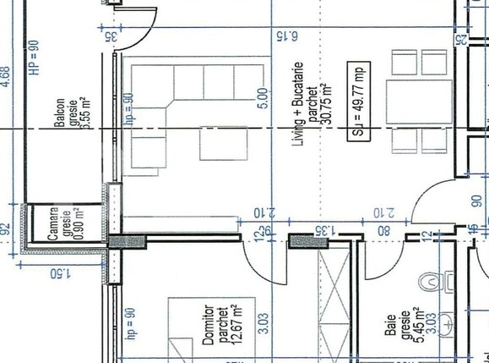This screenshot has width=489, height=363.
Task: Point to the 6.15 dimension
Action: [x=287, y=36]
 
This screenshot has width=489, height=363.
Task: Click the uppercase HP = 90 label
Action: [x=34, y=58]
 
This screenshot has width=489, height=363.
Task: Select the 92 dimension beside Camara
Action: [x=8, y=228]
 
